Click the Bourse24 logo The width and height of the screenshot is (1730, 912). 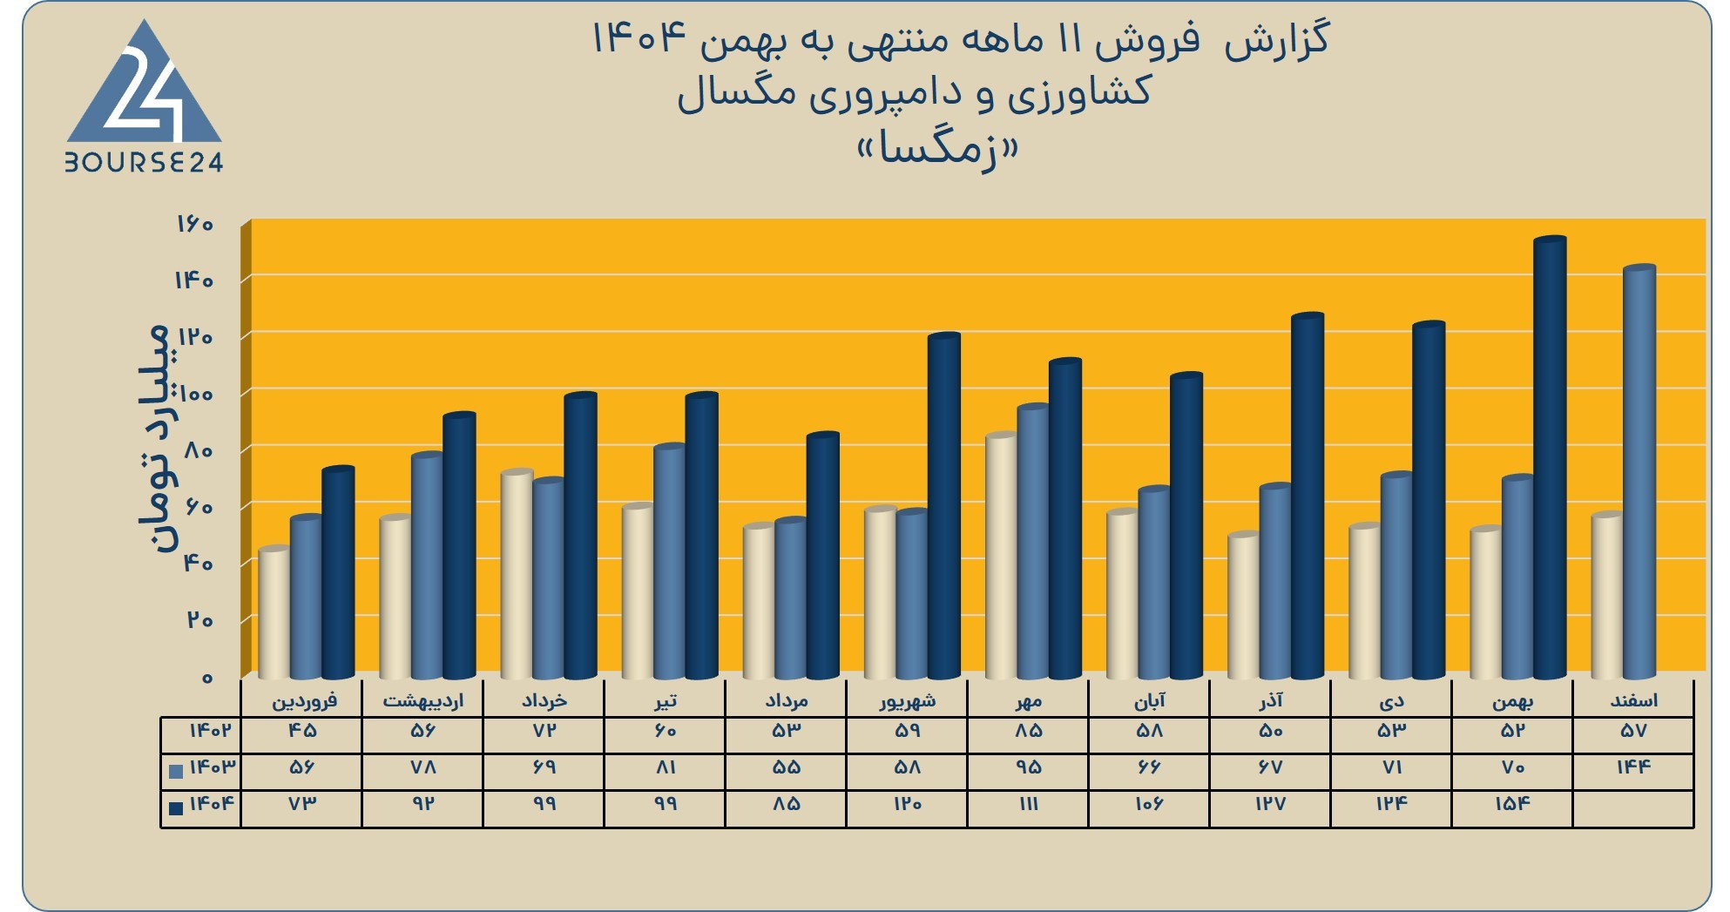(x=145, y=97)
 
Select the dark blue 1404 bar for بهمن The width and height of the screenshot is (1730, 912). (x=1550, y=458)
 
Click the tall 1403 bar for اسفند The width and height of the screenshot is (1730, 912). (x=1639, y=472)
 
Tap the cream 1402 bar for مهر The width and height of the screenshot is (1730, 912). (x=1002, y=556)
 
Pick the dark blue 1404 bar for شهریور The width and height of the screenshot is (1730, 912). (x=944, y=506)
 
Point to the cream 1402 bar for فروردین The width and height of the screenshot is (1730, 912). (x=274, y=613)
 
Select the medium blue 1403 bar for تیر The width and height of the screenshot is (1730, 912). (x=670, y=562)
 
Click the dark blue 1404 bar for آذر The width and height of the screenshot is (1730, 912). (x=1308, y=496)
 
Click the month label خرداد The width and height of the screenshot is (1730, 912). (x=544, y=700)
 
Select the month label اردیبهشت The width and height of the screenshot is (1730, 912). (x=423, y=700)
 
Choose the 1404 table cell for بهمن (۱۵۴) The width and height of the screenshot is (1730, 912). (x=1512, y=804)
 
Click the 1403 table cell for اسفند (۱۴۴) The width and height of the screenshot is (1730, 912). (x=1633, y=767)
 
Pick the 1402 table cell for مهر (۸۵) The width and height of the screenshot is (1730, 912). (x=1028, y=731)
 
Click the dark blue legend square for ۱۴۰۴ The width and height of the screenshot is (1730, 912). (x=176, y=807)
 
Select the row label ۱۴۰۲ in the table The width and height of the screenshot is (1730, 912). (x=210, y=731)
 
